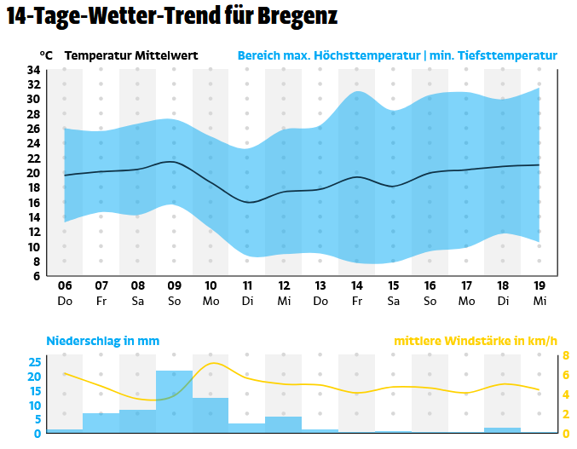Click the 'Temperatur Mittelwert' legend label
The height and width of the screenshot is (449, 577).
(x=131, y=55)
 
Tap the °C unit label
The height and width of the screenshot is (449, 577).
(x=46, y=55)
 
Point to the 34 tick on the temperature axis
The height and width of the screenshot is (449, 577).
(x=34, y=70)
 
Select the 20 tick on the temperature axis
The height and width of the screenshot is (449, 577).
(x=34, y=173)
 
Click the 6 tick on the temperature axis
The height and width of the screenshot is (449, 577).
(x=37, y=276)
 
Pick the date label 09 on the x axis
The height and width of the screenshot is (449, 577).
(x=174, y=286)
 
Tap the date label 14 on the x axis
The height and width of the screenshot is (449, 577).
(x=356, y=286)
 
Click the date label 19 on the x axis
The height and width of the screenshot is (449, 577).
(x=539, y=286)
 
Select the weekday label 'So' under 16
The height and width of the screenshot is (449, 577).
(x=430, y=301)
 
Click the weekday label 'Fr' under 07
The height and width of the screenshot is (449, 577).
(x=101, y=301)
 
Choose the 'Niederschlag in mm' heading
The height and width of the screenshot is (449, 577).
(x=102, y=342)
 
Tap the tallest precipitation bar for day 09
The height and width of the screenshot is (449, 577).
(x=174, y=401)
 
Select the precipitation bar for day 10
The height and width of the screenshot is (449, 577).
(x=211, y=415)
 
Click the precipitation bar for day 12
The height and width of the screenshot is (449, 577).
(x=284, y=424)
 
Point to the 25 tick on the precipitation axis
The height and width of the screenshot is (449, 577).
(x=34, y=362)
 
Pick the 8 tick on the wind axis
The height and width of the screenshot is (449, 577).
(x=565, y=356)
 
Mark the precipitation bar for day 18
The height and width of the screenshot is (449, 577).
(x=502, y=429)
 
